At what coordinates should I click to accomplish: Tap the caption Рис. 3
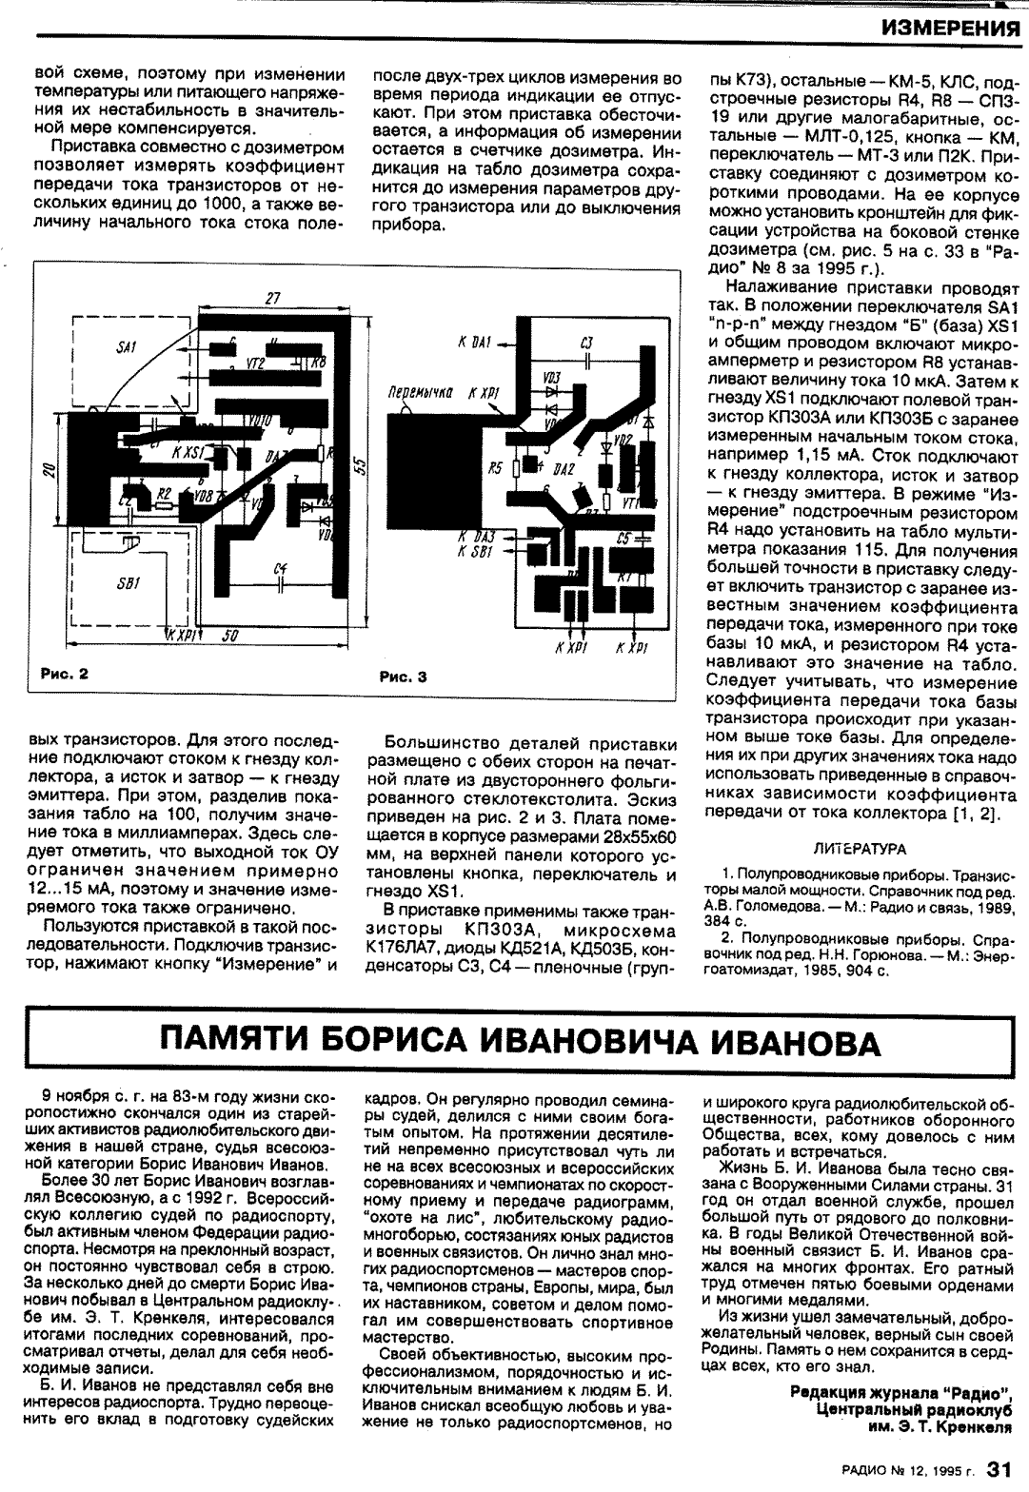point(404,677)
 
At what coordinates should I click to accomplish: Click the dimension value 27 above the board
point(273,299)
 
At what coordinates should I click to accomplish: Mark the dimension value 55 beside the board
point(358,466)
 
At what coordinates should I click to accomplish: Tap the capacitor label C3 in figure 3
point(586,342)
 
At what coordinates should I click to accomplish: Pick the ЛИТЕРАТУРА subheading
point(861,848)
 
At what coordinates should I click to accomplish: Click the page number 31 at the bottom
point(998,1470)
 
